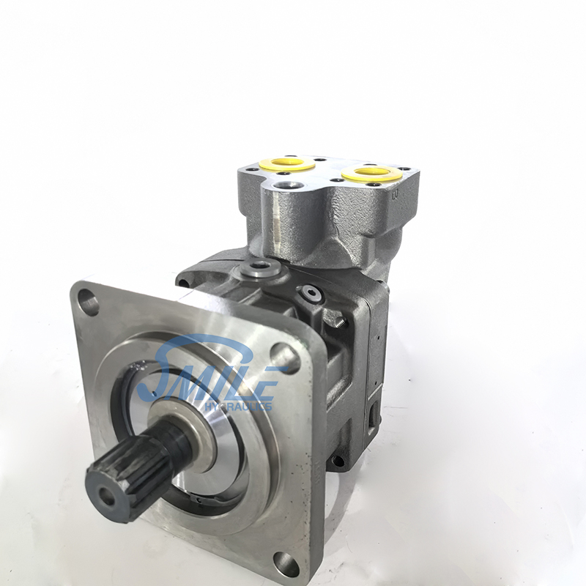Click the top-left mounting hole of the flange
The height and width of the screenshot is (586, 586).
point(88,300)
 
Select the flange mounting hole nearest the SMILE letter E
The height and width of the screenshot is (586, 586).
point(286,355)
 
